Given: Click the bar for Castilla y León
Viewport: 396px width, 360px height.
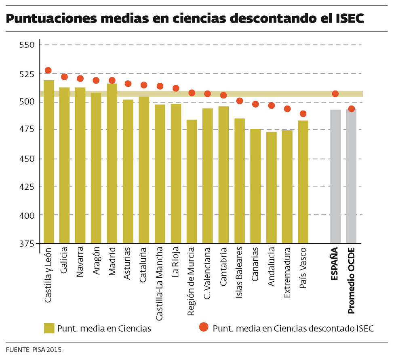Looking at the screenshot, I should click(49, 161).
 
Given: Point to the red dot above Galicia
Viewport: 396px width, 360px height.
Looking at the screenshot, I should click(64, 77).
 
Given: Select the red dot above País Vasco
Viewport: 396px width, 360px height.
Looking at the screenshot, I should click(303, 113).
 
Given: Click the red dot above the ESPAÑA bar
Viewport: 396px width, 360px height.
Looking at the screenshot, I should click(335, 94).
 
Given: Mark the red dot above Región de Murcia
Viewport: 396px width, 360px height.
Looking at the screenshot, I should click(192, 93).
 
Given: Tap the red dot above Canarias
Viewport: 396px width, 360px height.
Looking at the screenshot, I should click(255, 104).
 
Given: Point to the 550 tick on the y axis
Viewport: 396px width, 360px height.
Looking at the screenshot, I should click(28, 45).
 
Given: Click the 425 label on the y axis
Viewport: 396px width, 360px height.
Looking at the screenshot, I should click(28, 187).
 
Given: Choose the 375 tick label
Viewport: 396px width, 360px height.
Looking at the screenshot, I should click(28, 243).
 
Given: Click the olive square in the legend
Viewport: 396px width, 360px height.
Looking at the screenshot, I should click(49, 328).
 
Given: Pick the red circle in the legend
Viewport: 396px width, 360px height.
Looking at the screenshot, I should click(204, 327).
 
